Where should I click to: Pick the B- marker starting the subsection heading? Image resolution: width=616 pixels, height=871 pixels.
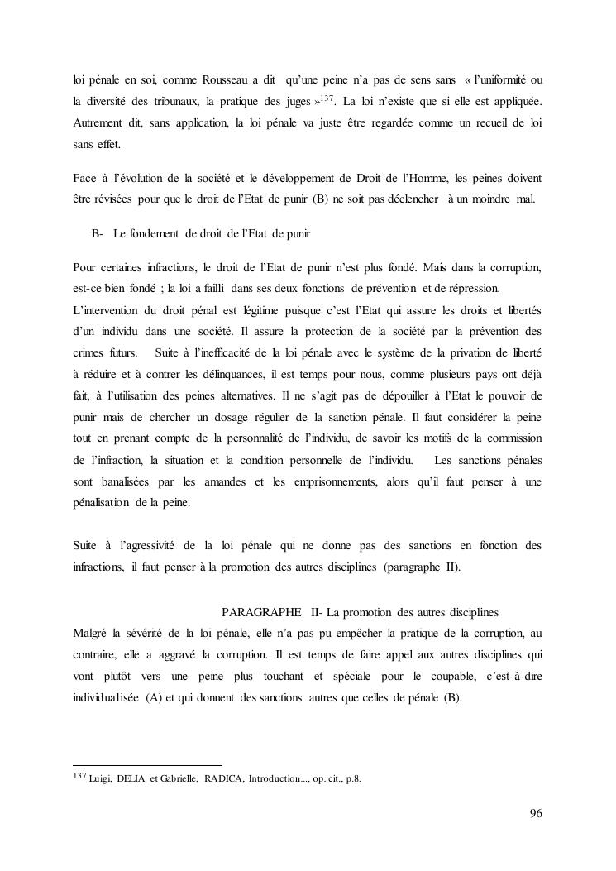(97, 234)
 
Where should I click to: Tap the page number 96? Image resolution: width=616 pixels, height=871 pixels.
(535, 814)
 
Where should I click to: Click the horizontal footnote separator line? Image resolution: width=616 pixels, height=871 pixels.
(147, 765)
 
